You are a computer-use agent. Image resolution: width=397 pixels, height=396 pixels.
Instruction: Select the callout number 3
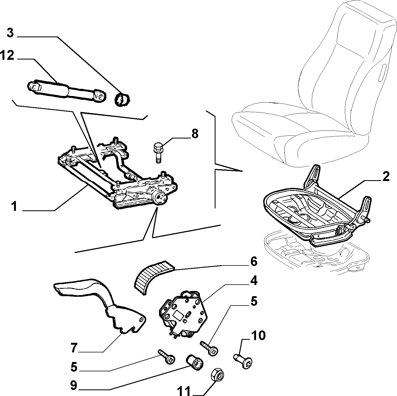(10, 33)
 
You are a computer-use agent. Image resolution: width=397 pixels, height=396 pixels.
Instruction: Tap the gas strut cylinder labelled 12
(67, 92)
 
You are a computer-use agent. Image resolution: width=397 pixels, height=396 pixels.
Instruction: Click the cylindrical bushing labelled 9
(195, 362)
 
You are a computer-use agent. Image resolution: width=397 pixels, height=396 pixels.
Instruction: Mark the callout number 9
(73, 385)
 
